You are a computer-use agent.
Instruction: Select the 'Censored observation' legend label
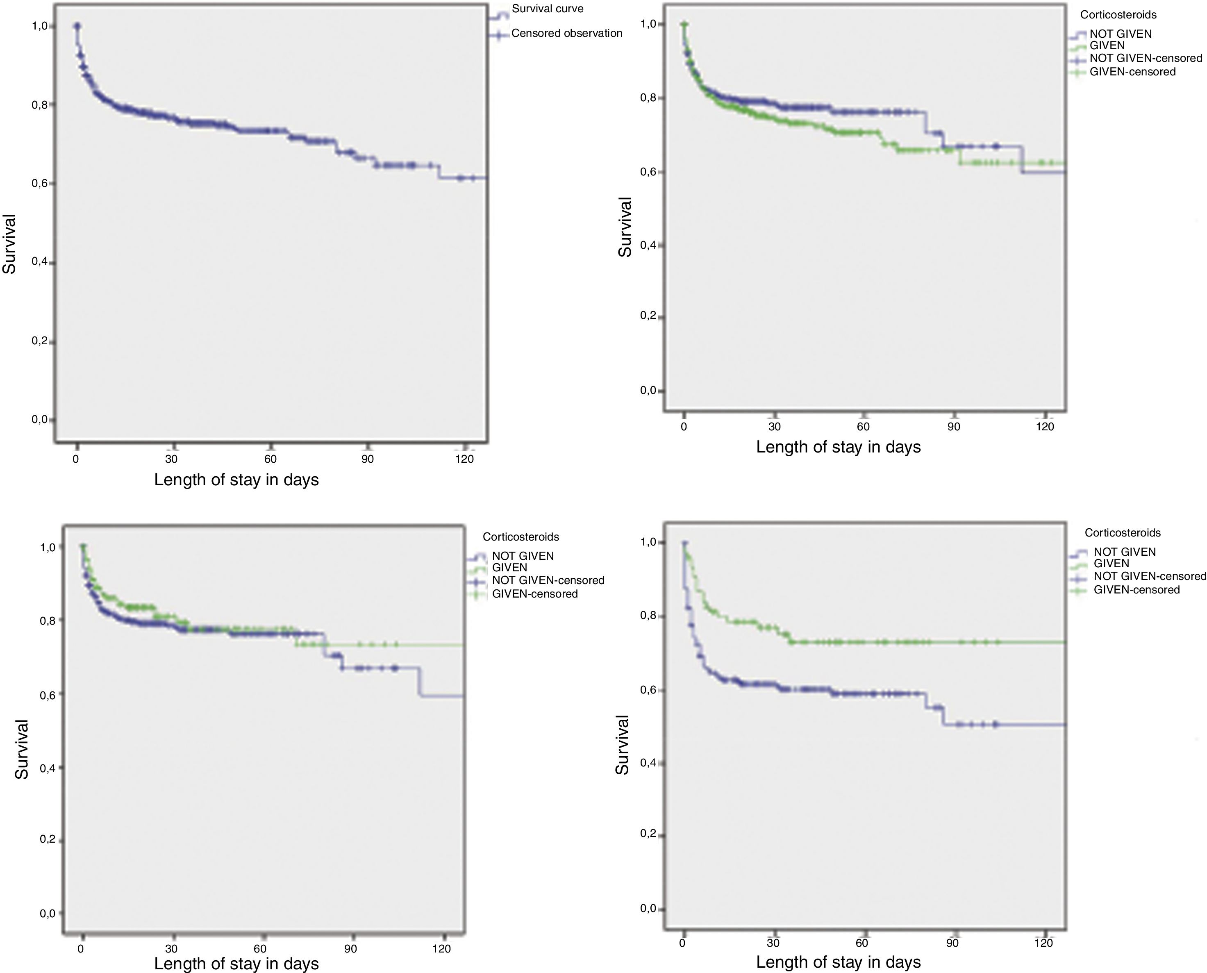(566, 34)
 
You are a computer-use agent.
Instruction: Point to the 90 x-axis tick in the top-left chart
(367, 459)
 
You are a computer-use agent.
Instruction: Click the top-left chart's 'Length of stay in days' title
(236, 480)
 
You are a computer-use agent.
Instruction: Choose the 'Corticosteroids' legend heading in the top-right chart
(1118, 15)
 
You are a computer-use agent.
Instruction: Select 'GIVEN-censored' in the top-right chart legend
(1132, 72)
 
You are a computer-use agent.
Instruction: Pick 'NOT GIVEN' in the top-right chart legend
(1120, 34)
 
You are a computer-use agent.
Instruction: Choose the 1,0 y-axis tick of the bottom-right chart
(648, 543)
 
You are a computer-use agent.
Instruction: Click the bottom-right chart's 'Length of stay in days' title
(838, 962)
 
